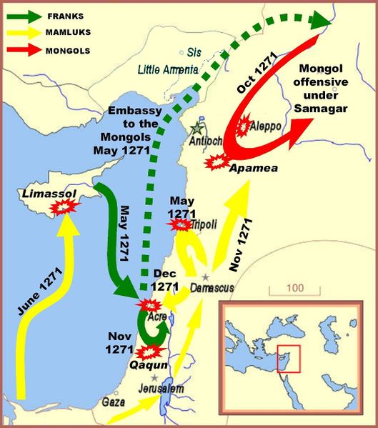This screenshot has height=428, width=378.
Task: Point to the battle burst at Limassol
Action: pos(65,208)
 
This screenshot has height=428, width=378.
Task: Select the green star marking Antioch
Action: pos(197,130)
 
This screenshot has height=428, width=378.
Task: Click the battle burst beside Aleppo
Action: pos(245,126)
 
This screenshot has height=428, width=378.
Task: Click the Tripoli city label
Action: pos(207,224)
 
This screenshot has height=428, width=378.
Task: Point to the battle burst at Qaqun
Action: pos(150,352)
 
